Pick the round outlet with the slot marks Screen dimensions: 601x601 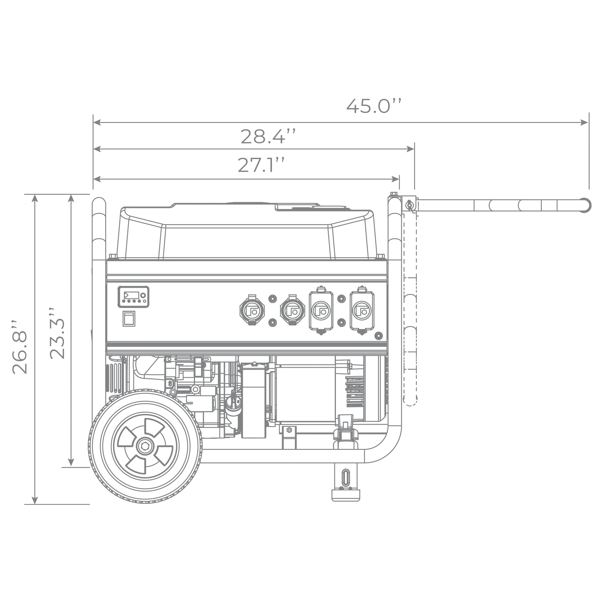click(252, 311)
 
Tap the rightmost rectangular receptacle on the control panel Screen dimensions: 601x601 click(362, 310)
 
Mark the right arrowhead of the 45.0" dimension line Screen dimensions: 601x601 click(582, 122)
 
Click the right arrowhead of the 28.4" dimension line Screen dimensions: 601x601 click(410, 149)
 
